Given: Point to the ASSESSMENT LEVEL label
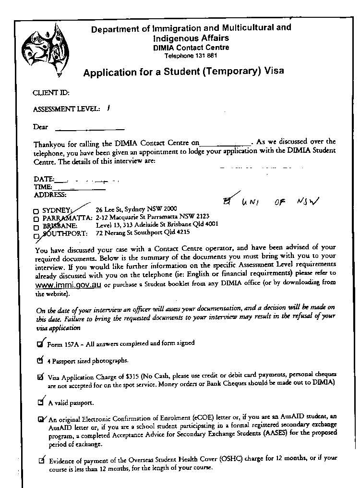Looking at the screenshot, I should coord(66,110).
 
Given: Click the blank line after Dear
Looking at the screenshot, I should coord(90,129).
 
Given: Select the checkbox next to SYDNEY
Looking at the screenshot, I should coord(36,211).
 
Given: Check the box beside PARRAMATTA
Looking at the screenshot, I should coord(36,219).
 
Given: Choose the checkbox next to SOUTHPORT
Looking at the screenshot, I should coord(36,235).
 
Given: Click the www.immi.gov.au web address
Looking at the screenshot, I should coord(68,284).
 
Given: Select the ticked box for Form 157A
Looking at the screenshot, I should coord(40,343).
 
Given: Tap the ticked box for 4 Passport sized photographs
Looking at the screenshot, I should coord(40,360).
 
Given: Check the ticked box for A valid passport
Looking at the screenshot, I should coord(41,402).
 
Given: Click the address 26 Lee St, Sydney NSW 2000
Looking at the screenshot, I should coord(136,209).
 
